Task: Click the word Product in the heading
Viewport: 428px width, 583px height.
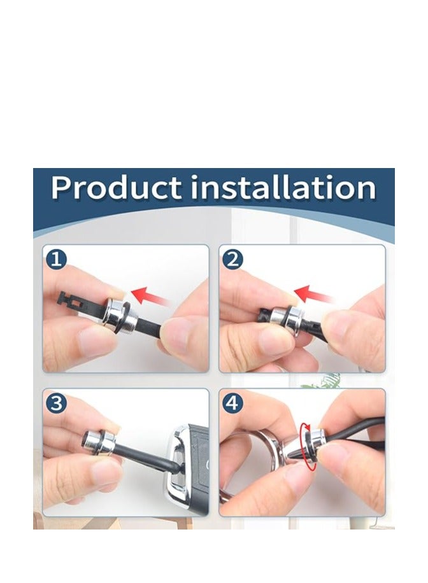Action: click(x=116, y=187)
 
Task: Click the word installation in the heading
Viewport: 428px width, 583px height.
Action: click(x=283, y=187)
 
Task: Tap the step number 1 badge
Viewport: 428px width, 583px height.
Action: click(x=56, y=259)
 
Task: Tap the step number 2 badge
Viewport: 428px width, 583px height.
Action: click(x=232, y=259)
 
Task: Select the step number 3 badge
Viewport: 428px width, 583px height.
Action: click(x=56, y=403)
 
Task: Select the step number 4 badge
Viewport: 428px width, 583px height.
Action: click(x=232, y=403)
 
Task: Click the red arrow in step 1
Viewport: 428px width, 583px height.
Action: click(x=149, y=297)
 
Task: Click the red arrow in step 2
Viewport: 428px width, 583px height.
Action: click(x=313, y=295)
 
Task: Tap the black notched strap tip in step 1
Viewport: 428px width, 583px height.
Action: click(x=75, y=302)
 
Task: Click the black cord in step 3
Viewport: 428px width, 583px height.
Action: click(x=145, y=458)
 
